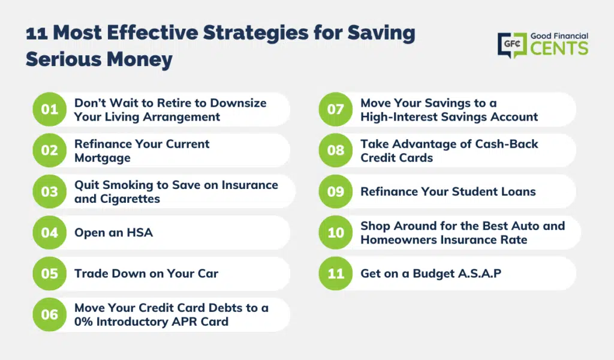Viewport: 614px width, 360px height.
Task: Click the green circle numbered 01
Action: pos(49,109)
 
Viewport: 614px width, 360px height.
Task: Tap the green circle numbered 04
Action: pos(49,232)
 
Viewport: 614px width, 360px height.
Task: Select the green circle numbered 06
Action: pos(49,314)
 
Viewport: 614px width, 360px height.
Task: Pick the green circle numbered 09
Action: pos(336,191)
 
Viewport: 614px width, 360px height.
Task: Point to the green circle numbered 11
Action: pos(336,273)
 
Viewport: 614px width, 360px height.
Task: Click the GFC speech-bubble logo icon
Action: pos(512,45)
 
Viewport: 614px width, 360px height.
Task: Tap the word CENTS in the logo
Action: pos(559,49)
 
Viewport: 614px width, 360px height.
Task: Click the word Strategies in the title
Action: pos(255,33)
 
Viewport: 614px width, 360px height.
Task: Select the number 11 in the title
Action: pos(37,33)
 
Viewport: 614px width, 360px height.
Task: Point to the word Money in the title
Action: pos(139,59)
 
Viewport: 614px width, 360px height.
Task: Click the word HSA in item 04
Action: pos(140,232)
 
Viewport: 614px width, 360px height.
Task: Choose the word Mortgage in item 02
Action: pos(103,158)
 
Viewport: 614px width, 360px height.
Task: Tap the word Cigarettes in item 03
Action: pos(130,199)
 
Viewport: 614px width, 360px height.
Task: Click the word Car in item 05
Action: pos(208,274)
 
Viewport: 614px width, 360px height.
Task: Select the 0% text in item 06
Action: pos(83,322)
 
